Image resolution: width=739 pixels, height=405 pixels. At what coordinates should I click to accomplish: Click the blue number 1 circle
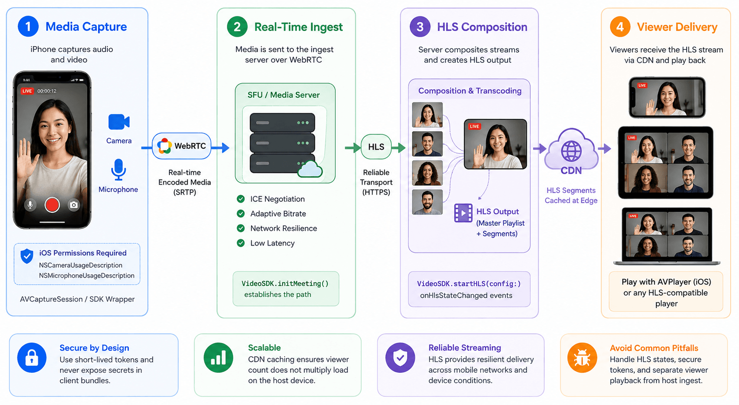click(28, 26)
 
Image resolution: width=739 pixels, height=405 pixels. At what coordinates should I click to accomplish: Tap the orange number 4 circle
click(620, 27)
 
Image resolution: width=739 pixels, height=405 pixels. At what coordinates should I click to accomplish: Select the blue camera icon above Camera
click(119, 122)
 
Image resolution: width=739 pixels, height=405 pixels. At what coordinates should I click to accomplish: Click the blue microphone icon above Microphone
click(118, 170)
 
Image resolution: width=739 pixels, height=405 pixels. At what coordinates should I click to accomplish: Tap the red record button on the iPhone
click(52, 204)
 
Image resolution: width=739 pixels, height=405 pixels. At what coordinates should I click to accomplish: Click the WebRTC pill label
click(182, 146)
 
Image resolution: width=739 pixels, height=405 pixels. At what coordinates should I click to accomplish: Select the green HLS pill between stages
click(376, 147)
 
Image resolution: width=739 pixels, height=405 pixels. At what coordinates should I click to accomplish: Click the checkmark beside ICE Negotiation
click(241, 199)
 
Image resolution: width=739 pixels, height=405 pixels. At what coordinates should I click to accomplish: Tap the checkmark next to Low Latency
click(241, 243)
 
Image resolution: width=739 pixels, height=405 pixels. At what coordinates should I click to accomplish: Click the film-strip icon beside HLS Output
click(463, 213)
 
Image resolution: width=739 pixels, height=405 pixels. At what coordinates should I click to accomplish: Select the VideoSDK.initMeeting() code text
click(285, 284)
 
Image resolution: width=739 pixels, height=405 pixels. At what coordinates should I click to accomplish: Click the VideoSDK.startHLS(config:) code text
click(469, 284)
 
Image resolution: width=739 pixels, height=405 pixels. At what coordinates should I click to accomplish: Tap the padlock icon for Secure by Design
click(32, 358)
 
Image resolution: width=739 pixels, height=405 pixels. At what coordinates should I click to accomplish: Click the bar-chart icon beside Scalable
click(218, 358)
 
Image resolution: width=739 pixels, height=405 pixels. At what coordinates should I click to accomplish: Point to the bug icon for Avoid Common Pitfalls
click(582, 358)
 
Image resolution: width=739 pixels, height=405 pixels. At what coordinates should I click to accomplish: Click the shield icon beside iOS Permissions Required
click(27, 256)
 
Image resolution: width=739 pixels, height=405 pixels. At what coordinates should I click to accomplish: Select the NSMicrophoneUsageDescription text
click(87, 276)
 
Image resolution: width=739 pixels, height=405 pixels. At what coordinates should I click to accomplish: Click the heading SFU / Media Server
click(284, 95)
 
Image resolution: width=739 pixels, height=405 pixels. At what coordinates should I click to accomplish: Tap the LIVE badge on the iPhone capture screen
click(27, 91)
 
